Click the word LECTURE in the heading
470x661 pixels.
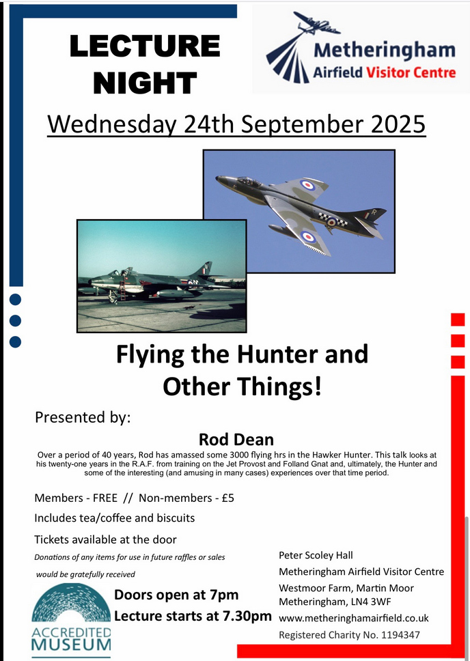tap(145, 46)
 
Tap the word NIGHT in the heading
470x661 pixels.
tap(145, 82)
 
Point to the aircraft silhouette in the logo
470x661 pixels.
tap(317, 24)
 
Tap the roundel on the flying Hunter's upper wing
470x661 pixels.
tap(307, 184)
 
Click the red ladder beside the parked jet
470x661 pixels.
tap(123, 290)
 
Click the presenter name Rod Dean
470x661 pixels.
tap(236, 440)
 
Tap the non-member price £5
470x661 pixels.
tap(227, 498)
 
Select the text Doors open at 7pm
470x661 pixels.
tap(176, 595)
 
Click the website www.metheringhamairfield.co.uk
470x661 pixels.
tap(354, 619)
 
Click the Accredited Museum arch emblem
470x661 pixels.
tap(71, 603)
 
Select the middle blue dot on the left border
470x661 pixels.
tap(15, 321)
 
